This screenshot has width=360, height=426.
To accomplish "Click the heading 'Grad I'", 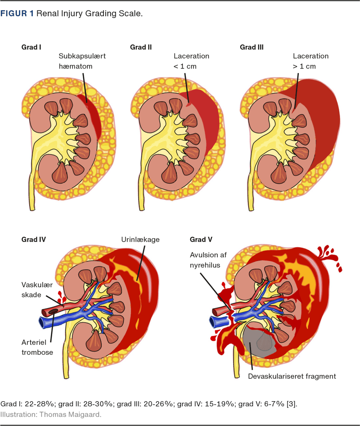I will coord(31,47).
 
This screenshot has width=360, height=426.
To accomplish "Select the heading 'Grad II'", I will coord(141,47).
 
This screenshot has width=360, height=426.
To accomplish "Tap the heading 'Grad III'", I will coord(252,47).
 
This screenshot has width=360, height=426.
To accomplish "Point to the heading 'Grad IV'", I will coord(33,240).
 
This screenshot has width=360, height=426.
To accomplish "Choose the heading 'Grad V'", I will coord(201,240).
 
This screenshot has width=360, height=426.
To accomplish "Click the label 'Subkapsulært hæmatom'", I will coord(82,61).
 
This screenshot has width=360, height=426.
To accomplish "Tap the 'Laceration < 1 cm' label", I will coord(191,61).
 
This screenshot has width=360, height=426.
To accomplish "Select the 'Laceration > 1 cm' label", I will coord(310,61).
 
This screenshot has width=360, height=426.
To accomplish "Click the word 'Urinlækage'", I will coord(139,240).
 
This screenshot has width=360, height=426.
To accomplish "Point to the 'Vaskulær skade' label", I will coord(38,289).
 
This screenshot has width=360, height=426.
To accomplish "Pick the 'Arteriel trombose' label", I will coord(37,347).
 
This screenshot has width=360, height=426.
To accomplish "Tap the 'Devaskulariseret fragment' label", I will coord(292,376).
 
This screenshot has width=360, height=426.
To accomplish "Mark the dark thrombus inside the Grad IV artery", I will coord(53,311).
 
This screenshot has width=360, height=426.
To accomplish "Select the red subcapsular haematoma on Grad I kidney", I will coord(93,113).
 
